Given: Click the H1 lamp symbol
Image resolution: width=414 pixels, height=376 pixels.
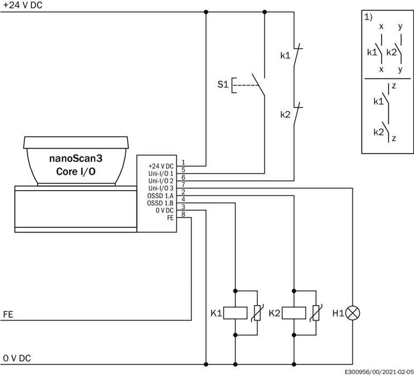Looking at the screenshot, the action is pyautogui.click(x=352, y=313).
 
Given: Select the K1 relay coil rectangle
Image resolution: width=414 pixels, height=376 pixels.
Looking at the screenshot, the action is pyautogui.click(x=235, y=313).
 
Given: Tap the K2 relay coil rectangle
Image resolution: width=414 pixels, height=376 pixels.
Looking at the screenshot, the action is pyautogui.click(x=294, y=313).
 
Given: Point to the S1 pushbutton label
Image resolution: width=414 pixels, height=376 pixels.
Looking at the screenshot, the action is pyautogui.click(x=223, y=84).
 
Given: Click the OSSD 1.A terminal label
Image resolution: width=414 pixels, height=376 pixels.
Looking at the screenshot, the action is pyautogui.click(x=160, y=196).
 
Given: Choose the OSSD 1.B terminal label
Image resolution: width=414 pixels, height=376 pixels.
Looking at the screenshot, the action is pyautogui.click(x=160, y=204).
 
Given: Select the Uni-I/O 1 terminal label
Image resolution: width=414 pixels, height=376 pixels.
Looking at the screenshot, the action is pyautogui.click(x=161, y=173).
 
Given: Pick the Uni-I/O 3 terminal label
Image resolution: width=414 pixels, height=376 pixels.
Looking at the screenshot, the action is pyautogui.click(x=161, y=188).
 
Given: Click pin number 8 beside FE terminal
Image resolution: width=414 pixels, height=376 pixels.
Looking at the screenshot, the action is pyautogui.click(x=183, y=214).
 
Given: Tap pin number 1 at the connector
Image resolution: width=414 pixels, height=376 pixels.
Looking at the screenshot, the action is pyautogui.click(x=183, y=162).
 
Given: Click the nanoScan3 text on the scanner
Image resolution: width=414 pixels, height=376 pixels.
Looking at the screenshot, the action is pyautogui.click(x=76, y=158).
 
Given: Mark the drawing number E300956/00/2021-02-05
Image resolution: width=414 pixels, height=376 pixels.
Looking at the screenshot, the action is pyautogui.click(x=380, y=372).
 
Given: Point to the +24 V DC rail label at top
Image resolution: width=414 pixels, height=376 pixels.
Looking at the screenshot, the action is pyautogui.click(x=23, y=5).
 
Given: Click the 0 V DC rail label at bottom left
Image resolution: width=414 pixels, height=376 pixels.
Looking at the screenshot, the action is pyautogui.click(x=17, y=358).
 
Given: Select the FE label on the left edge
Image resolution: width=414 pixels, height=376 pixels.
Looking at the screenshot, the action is pyautogui.click(x=8, y=314).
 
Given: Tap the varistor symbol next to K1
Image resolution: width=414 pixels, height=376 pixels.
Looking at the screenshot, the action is pyautogui.click(x=257, y=313).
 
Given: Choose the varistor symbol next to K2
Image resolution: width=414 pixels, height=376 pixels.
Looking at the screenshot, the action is pyautogui.click(x=316, y=313).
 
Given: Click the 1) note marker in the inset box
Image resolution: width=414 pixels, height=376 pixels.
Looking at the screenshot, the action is pyautogui.click(x=368, y=17).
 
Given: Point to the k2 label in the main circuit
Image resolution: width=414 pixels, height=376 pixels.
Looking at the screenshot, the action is pyautogui.click(x=285, y=114).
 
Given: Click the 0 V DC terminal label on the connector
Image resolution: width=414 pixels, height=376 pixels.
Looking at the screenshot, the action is pyautogui.click(x=165, y=211).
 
